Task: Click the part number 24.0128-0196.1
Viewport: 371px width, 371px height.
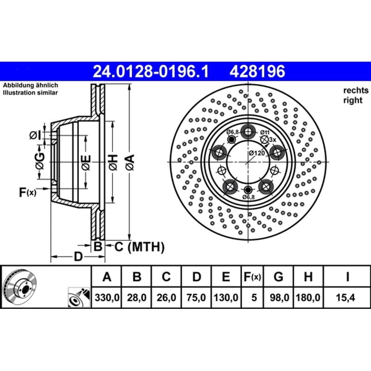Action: tap(151, 71)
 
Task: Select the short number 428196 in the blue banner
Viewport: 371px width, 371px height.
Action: tap(257, 71)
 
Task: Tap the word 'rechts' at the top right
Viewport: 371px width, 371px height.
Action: tap(356, 90)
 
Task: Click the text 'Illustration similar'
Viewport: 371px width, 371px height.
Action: tap(30, 92)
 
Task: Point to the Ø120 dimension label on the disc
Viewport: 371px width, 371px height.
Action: tap(257, 153)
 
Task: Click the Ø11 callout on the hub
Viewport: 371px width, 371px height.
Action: tap(265, 132)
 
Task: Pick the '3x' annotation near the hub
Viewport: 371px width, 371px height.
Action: tap(273, 140)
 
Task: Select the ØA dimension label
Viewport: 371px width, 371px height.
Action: tap(130, 162)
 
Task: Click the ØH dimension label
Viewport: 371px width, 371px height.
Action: tap(113, 162)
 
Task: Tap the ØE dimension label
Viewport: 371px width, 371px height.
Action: tap(86, 163)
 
